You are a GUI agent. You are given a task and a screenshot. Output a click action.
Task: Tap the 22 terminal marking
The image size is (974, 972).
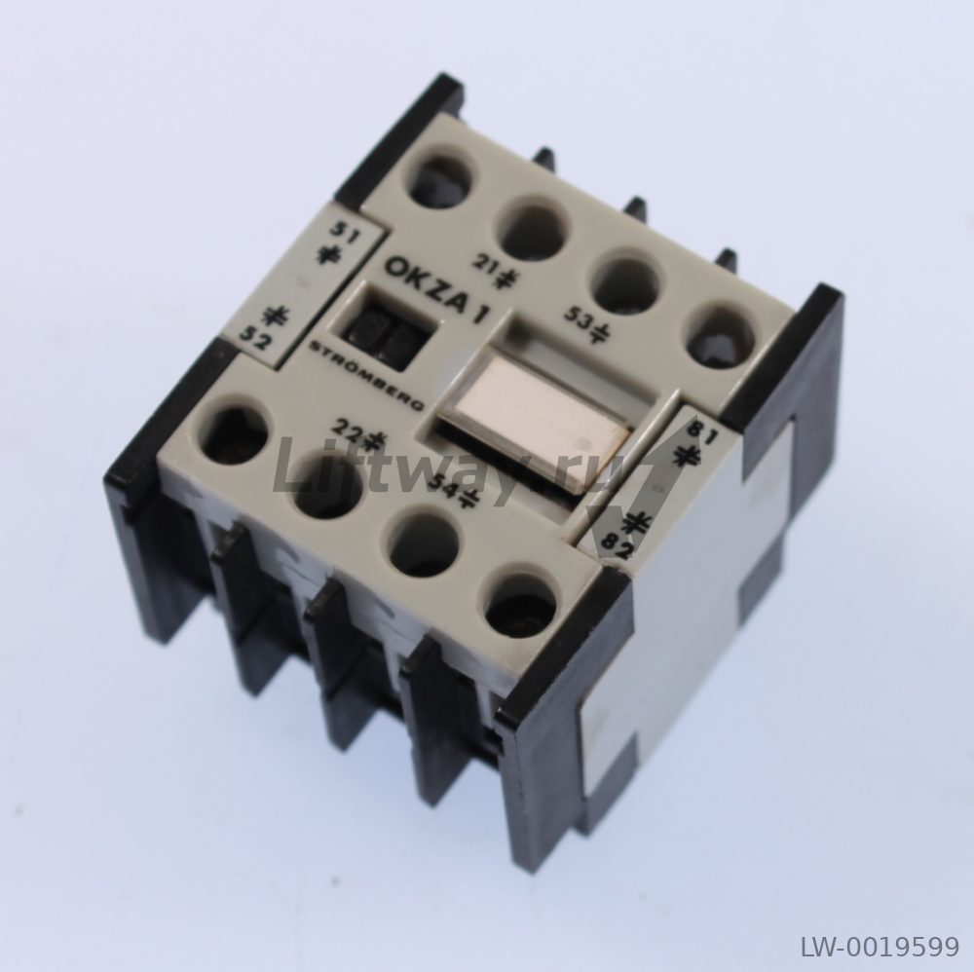point(348,428)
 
